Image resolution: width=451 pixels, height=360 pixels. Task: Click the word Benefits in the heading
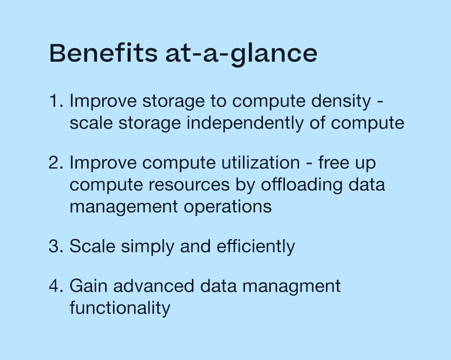pyautogui.click(x=103, y=53)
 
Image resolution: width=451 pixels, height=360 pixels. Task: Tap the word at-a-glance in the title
pyautogui.click(x=241, y=55)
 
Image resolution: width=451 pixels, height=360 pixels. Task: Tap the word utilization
pyautogui.click(x=261, y=162)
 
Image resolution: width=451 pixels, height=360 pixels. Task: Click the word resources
pyautogui.click(x=189, y=185)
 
